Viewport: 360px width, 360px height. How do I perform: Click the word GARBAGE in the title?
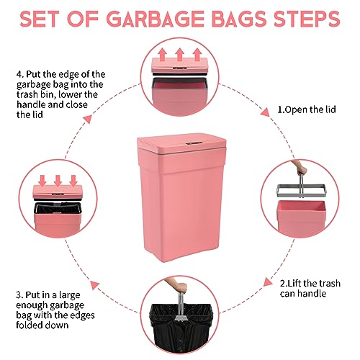[x=155, y=19]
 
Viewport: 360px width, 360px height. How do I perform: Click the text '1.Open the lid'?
[x=307, y=109]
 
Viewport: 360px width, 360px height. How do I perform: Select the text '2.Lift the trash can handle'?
[x=310, y=288]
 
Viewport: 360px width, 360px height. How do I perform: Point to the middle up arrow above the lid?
[x=179, y=54]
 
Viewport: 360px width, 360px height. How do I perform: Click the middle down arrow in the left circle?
[x=58, y=181]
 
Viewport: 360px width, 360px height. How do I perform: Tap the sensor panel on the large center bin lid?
[x=194, y=143]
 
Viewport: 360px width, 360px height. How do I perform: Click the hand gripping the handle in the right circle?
[x=300, y=168]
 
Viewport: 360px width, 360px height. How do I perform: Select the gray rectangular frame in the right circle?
[x=301, y=191]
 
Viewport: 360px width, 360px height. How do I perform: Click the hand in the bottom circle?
[x=177, y=285]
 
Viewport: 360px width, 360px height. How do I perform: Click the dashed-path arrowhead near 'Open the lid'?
[x=265, y=112]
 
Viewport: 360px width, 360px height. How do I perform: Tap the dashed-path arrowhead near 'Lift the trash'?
[x=268, y=282]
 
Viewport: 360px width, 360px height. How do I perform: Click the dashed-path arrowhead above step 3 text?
[x=94, y=285]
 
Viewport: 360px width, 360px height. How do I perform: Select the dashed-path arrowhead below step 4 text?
[x=88, y=119]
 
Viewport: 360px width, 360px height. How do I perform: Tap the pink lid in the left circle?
[x=58, y=192]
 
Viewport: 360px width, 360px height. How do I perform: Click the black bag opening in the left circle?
[x=58, y=208]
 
